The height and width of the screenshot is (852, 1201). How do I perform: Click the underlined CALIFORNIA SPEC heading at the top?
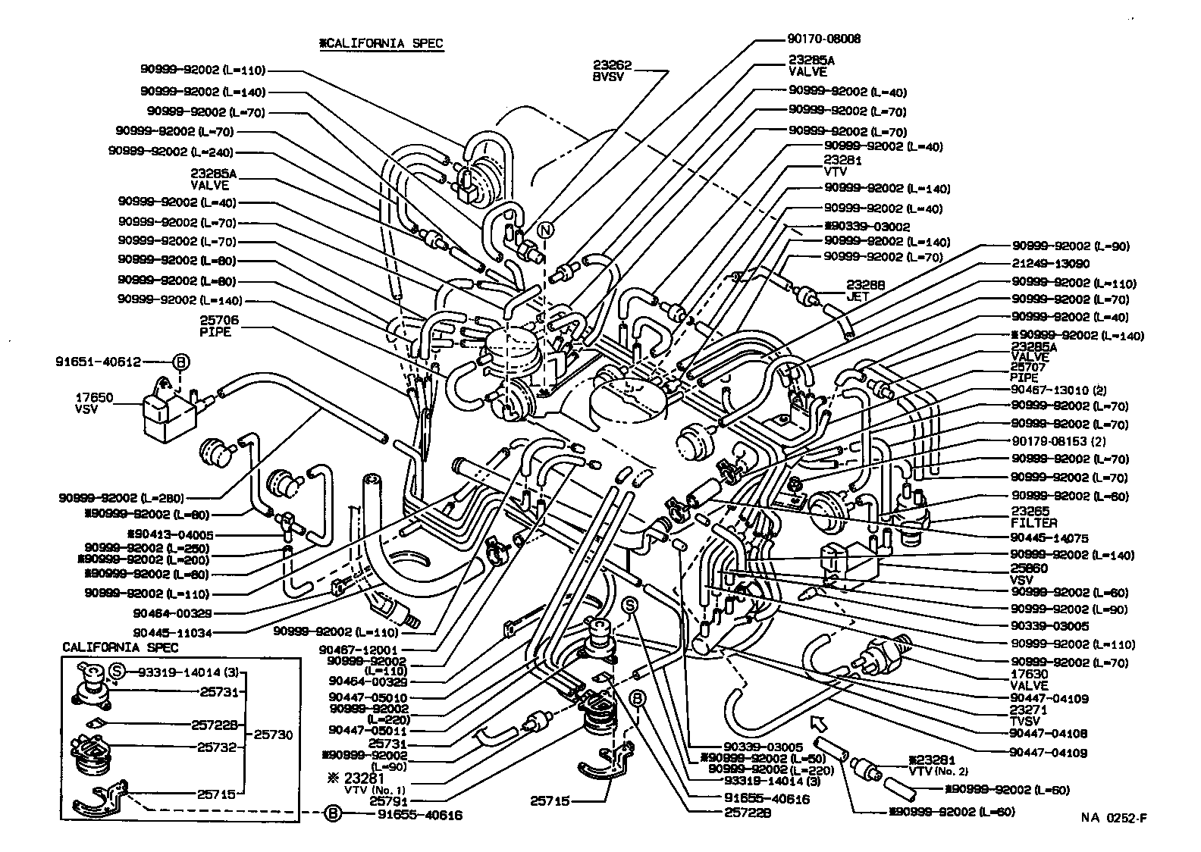381,44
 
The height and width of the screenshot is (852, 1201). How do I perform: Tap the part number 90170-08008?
824,39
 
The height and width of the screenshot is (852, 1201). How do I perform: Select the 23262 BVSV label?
613,71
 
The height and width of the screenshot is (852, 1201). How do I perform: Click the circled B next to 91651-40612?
180,362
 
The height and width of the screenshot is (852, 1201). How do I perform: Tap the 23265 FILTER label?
1033,517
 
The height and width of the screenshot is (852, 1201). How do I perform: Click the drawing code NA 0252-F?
1113,818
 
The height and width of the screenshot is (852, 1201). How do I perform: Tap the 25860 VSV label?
1029,574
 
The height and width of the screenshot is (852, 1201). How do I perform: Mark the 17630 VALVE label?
1029,679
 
